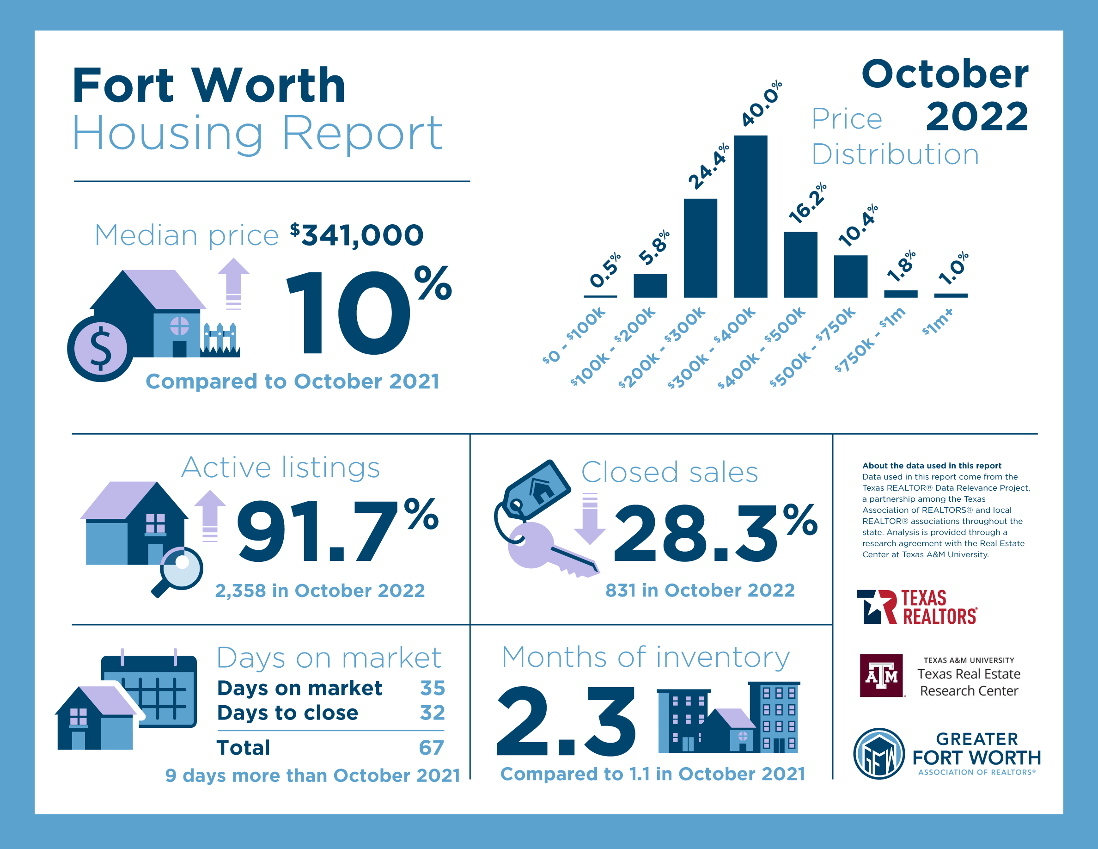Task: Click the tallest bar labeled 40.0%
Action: tap(750, 216)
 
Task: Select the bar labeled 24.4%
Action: tap(700, 248)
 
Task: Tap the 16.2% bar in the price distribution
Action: tap(800, 265)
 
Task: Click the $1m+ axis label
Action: tap(938, 322)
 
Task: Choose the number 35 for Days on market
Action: tap(433, 688)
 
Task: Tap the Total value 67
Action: tap(431, 748)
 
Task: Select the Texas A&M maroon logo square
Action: tap(881, 676)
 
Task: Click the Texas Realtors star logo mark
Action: tap(876, 607)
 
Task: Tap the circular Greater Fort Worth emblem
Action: tap(879, 753)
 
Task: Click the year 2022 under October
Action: tap(977, 117)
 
